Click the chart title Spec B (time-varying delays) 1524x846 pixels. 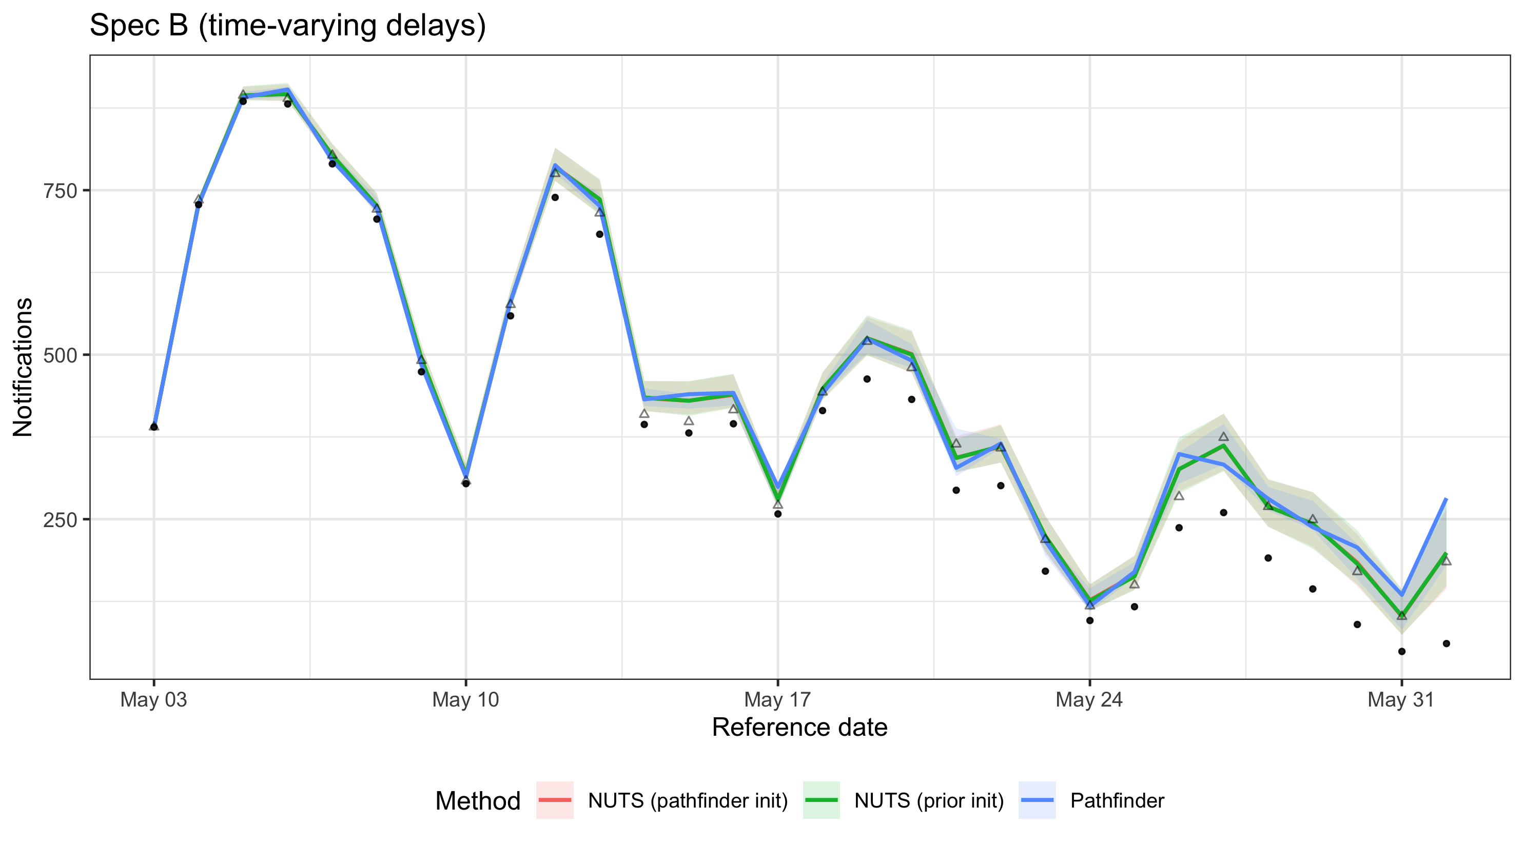(287, 26)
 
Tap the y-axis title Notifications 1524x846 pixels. (23, 367)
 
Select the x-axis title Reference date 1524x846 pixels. (799, 727)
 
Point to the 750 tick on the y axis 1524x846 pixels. (61, 191)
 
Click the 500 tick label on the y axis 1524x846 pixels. (61, 355)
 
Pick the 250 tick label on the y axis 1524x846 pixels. (61, 520)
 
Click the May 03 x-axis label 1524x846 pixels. (154, 699)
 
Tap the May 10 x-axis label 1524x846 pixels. (465, 699)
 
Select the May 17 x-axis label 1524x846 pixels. (777, 699)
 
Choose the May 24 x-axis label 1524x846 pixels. (1089, 699)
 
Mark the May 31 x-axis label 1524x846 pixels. (1401, 699)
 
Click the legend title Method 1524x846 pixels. (477, 800)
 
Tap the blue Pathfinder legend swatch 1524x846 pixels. (1037, 800)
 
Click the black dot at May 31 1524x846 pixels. (1401, 652)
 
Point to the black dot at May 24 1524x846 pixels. (1090, 620)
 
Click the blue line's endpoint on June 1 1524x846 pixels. (1446, 499)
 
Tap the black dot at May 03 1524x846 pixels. (154, 426)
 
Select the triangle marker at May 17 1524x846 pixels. (778, 505)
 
